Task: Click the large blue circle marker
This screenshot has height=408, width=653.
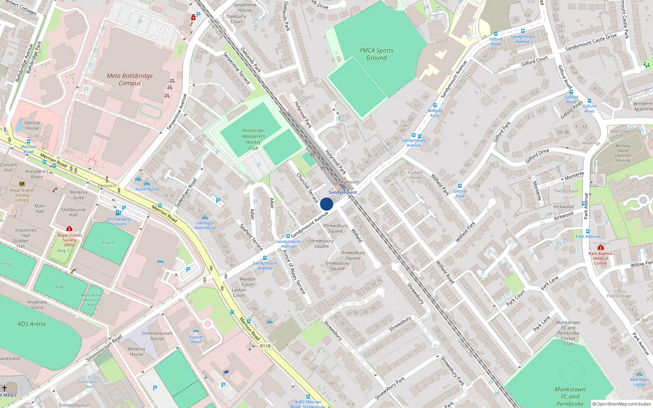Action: [326, 204]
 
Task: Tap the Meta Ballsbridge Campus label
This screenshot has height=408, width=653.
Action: [130, 80]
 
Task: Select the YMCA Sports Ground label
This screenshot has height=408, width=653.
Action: [376, 54]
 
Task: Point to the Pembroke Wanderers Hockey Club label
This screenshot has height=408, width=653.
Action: [253, 139]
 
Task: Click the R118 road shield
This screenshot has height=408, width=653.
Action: [265, 346]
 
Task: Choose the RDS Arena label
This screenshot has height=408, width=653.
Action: [31, 324]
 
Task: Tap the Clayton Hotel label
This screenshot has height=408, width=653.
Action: [196, 339]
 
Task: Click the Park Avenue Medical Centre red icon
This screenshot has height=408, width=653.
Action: [600, 247]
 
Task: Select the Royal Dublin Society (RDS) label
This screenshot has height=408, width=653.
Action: [69, 240]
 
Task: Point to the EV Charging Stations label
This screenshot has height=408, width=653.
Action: [118, 222]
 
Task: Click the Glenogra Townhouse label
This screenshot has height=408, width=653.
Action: [205, 225]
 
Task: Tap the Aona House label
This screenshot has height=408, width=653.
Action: [147, 189]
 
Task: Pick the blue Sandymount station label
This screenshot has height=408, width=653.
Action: [342, 192]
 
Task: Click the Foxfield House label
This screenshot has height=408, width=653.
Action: [415, 175]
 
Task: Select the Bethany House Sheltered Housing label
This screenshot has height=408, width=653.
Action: [623, 153]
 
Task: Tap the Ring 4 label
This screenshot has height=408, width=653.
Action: [108, 243]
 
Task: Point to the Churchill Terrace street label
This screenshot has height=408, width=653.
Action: [307, 188]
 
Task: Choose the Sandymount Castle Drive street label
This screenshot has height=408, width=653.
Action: [591, 42]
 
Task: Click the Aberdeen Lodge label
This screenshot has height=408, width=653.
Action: [639, 382]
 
